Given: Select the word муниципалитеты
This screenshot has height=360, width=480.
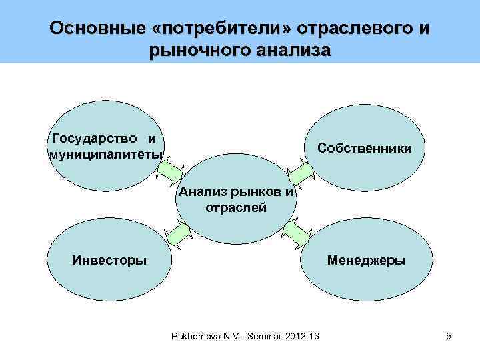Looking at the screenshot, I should point(105,155).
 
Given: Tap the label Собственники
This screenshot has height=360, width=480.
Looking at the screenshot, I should point(364,147).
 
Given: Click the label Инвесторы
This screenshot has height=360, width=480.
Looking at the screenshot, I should point(110,259).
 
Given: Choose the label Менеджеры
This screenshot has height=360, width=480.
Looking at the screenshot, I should point(365,259).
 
